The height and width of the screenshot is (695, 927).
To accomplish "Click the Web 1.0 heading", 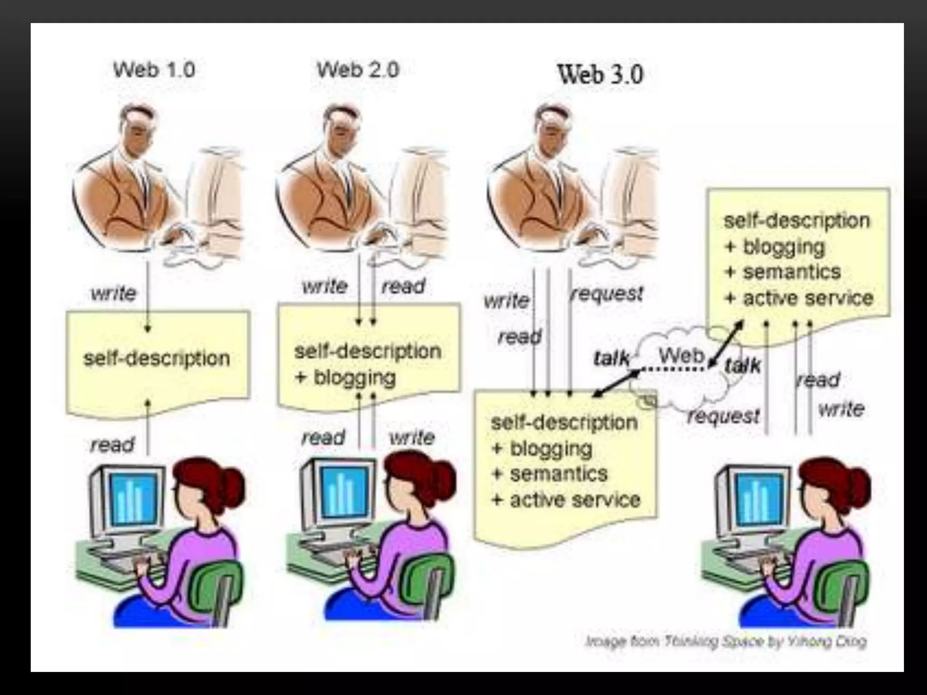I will [x=154, y=70].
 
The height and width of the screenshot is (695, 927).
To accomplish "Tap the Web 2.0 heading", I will [x=358, y=70].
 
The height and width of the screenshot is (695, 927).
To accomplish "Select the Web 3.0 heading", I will [x=600, y=75].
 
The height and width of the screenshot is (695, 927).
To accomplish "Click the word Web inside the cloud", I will [x=682, y=356].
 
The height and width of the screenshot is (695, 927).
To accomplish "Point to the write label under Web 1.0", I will [x=113, y=294].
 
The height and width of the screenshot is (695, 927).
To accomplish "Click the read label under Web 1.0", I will [x=112, y=444].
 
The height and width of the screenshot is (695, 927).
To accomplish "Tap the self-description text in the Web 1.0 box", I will [x=157, y=358].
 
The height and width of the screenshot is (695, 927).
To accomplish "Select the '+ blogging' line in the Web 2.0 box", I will [x=345, y=377].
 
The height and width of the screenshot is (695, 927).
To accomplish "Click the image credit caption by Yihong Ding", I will [x=726, y=641].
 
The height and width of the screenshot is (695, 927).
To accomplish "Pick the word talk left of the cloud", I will [x=611, y=359].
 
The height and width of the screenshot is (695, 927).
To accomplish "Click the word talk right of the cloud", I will [x=742, y=365].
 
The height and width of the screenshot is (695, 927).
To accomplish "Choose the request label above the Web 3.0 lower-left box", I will [x=607, y=294].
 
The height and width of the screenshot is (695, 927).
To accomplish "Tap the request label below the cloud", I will [x=723, y=416].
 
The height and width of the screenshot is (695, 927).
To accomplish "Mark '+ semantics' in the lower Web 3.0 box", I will [x=550, y=474].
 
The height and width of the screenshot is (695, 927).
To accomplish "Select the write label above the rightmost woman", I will [x=841, y=409].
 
